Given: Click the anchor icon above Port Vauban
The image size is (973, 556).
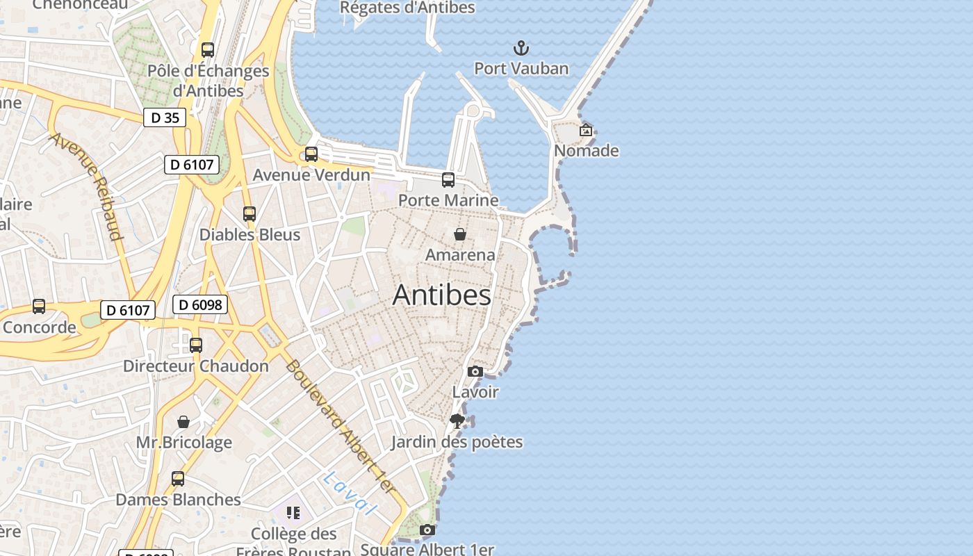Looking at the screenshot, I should point(521,48).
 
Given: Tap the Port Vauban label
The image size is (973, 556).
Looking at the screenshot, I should point(521,68).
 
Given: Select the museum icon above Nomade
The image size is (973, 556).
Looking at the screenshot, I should point(586,130).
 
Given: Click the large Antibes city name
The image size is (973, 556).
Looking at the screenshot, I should point(442,295).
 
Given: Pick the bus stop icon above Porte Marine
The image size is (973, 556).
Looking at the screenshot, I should point(448,180).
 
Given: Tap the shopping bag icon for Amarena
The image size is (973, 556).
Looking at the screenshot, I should point(459,234).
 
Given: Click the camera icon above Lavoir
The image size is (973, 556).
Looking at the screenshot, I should point(475,371).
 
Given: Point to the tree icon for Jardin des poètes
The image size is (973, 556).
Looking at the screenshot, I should point(457,420).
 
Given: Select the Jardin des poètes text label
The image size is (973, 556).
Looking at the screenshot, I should point(457,442).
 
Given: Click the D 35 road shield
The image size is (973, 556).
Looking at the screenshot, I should point(165,117).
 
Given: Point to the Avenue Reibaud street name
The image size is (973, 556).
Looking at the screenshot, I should point(86,186).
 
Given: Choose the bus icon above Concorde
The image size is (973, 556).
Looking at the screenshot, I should point(39,306).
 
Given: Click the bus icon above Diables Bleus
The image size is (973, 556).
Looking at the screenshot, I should point(250,214).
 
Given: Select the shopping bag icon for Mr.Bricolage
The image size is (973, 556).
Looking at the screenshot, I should point(183,422).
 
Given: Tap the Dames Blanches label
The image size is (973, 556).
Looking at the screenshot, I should point(178,500).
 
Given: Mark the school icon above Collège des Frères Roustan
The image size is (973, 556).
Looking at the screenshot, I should point(293,513).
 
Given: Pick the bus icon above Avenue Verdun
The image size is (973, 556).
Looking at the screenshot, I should point(311,154).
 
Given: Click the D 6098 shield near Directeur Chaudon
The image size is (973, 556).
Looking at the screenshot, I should point(200,304).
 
